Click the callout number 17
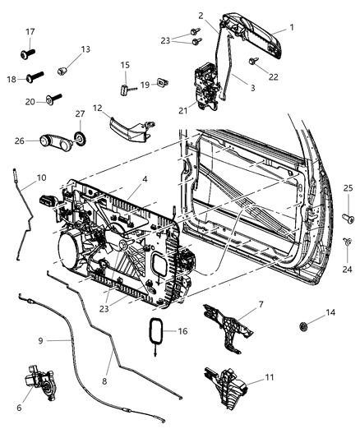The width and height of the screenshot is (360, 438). (x=29, y=33)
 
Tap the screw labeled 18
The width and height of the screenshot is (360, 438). (x=37, y=79)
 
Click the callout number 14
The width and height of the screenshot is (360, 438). (x=331, y=313)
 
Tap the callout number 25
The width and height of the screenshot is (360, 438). (x=348, y=190)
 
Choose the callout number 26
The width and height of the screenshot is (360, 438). (x=23, y=141)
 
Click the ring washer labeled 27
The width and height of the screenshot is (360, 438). (x=81, y=137)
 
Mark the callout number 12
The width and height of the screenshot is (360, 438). (x=97, y=108)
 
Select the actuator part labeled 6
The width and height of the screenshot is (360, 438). (x=41, y=386)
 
